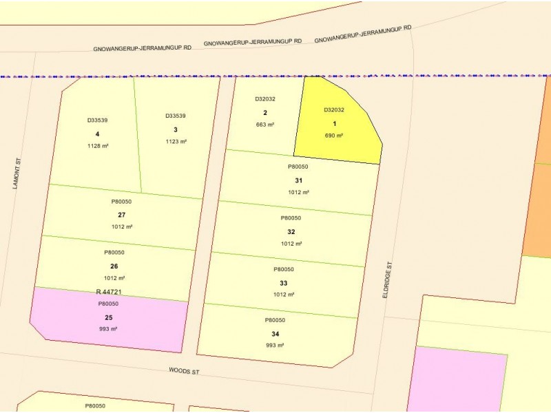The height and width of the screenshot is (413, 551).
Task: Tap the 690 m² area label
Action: pyautogui.click(x=334, y=136)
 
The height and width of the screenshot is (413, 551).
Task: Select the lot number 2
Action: pyautogui.click(x=265, y=113)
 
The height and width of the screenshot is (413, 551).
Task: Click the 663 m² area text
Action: pyautogui.click(x=265, y=125)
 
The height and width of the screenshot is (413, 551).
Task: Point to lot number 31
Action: pyautogui.click(x=298, y=180)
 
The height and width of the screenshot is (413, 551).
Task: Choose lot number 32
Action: pyautogui.click(x=291, y=232)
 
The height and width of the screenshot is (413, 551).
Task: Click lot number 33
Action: pyautogui.click(x=284, y=283)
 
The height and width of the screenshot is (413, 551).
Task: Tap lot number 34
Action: pyautogui.click(x=275, y=334)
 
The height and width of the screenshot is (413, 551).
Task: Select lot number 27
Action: pyautogui.click(x=121, y=215)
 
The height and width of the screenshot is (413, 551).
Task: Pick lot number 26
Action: pyautogui.click(x=114, y=266)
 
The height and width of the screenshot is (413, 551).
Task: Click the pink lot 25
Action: pyautogui.click(x=108, y=317)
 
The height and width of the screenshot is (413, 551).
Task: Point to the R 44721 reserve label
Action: pyautogui.click(x=109, y=293)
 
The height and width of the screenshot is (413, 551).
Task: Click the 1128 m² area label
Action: pyautogui.click(x=98, y=146)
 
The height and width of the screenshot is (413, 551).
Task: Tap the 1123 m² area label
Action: pyautogui.click(x=176, y=141)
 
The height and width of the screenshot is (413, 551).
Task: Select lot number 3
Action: pyautogui.click(x=176, y=129)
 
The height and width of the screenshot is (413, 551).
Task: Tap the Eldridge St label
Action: pyautogui.click(x=389, y=279)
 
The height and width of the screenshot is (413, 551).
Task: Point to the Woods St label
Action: pyautogui.click(x=184, y=371)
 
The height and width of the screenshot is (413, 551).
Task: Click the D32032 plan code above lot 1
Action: pyautogui.click(x=334, y=109)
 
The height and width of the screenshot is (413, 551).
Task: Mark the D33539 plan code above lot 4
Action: pyautogui.click(x=97, y=120)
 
